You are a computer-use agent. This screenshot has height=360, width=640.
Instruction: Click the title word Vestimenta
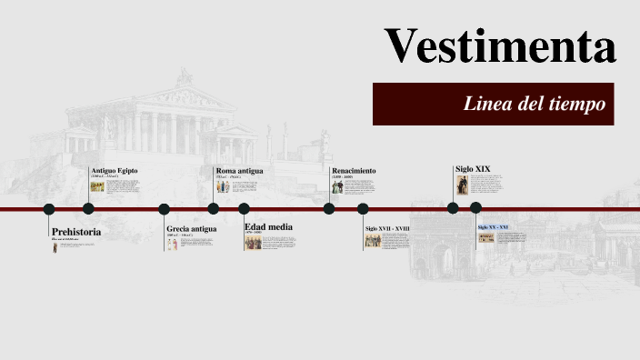pos(500,45)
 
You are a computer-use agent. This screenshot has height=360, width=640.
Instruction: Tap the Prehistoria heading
pos(76,232)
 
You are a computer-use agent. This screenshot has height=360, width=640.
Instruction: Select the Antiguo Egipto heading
pos(115,170)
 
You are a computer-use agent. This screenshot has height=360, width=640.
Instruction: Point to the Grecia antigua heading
pos(191,229)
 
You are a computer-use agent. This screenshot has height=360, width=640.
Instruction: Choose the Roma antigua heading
pos(239,170)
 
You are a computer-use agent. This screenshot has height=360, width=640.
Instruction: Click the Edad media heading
pos(268,226)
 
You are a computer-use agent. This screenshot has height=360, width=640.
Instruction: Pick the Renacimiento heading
pos(354,170)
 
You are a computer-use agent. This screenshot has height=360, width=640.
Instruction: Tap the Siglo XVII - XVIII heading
pos(387,229)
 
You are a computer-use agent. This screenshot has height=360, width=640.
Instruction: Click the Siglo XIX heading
pos(473,168)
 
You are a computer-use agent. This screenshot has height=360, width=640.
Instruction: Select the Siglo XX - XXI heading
pos(493,226)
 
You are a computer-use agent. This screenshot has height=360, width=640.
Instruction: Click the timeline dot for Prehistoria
pos(49,208)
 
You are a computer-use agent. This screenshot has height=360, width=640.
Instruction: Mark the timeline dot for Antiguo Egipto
pos(88,208)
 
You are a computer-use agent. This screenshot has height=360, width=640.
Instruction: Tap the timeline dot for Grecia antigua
pos(165,208)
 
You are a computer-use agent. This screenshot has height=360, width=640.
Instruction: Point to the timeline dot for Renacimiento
pos(329,208)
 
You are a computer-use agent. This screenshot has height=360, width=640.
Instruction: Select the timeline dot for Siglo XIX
pos(453,208)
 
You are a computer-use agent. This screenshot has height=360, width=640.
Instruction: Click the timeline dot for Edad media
pos(244,208)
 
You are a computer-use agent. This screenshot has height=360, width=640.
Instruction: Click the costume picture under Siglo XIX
pos(461,186)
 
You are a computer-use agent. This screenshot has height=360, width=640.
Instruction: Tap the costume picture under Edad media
pos(253,243)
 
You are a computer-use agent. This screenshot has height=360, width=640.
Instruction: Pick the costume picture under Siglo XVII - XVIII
pos(373,241)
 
